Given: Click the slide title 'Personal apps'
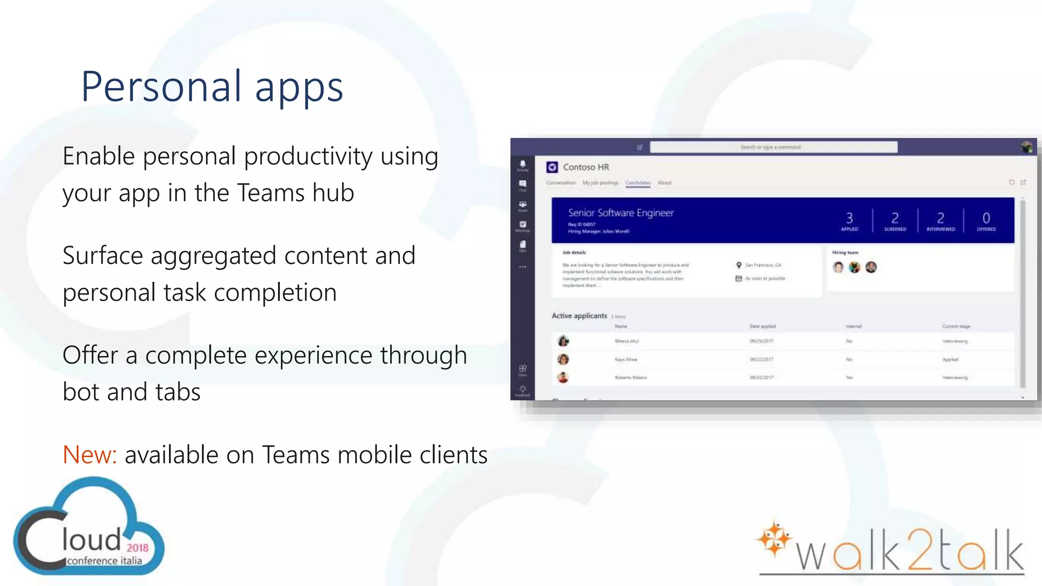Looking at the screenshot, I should (x=212, y=86).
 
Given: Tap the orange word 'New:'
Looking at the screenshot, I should (x=90, y=454).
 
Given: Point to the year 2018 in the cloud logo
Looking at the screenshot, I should (x=137, y=547).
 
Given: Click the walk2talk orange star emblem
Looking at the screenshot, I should (x=773, y=539).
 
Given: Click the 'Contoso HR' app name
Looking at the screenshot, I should (x=586, y=167).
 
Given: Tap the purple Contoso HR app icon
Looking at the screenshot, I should (x=552, y=167).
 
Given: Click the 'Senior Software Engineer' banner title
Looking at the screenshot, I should (x=621, y=213).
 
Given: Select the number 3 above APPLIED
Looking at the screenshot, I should (x=849, y=218).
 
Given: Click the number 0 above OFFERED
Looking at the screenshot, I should (x=986, y=218).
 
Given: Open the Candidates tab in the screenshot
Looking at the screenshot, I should (x=638, y=183).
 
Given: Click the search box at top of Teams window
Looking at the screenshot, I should (x=773, y=147).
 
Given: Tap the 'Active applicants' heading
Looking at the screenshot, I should (x=580, y=316).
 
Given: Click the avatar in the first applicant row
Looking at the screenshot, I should (x=563, y=341).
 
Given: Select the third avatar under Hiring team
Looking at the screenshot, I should (x=871, y=267).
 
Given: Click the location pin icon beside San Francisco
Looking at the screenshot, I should (x=739, y=265).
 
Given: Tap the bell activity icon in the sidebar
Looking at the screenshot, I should (x=523, y=164).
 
